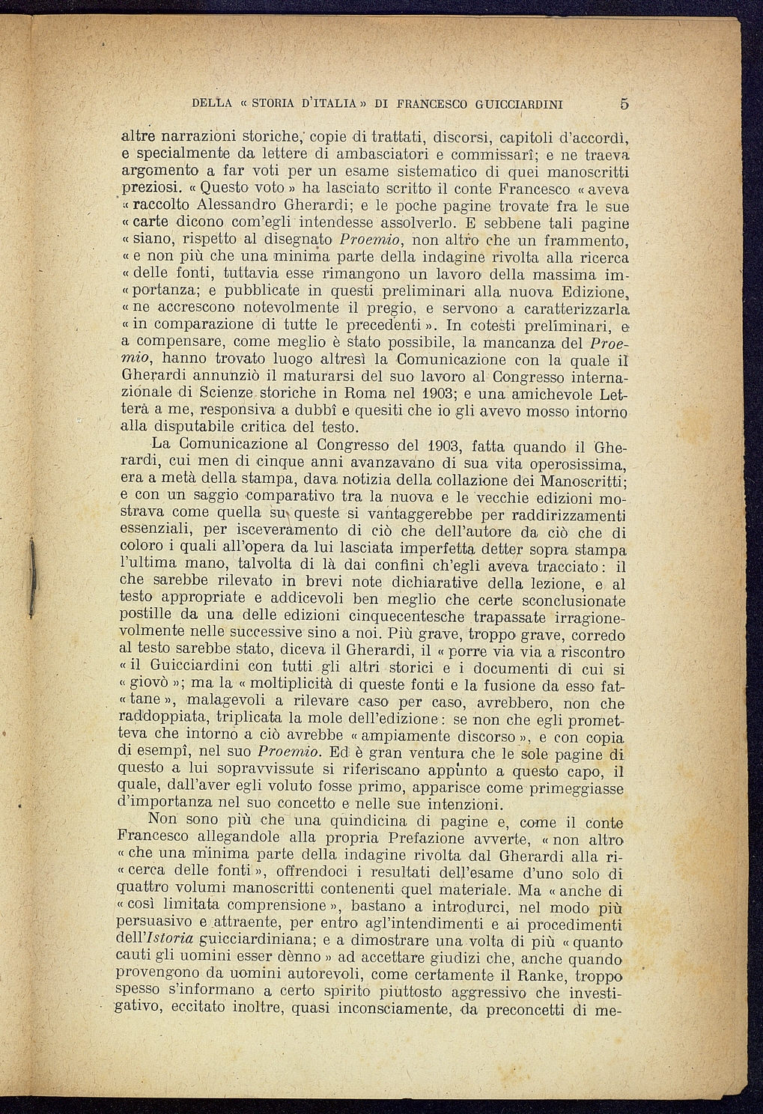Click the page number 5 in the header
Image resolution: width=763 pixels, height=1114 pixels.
(x=624, y=104)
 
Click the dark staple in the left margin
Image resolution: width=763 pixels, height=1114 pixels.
(x=31, y=576)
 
